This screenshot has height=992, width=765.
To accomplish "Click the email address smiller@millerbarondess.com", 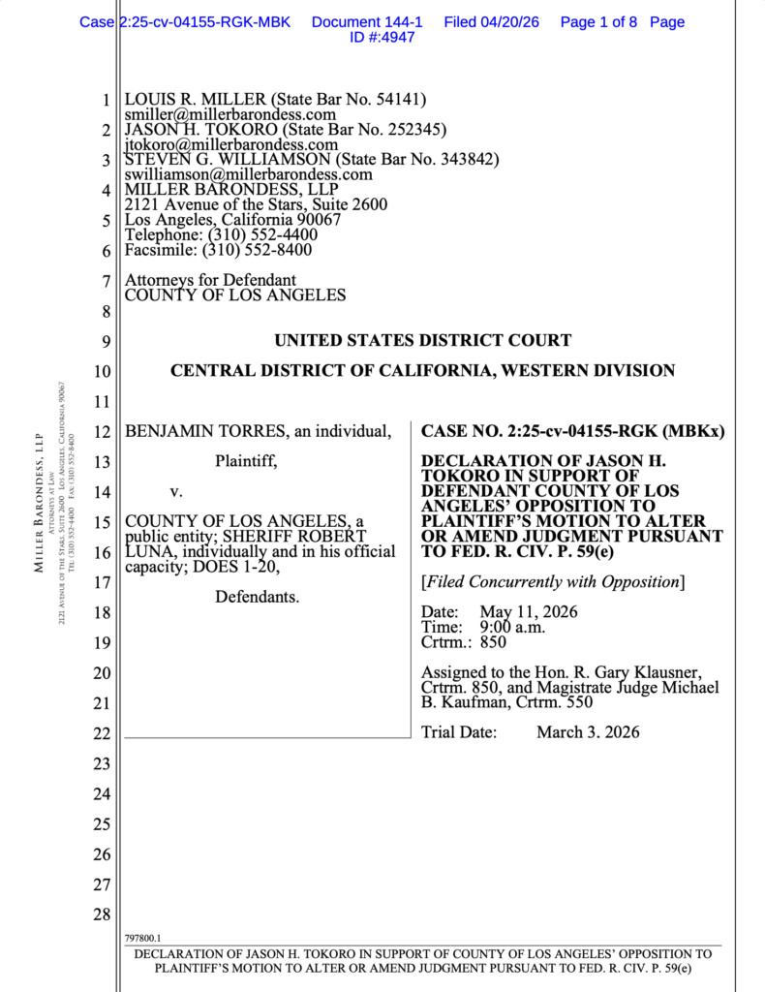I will (x=230, y=114).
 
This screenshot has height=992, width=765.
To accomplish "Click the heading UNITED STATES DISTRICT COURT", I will (x=422, y=340).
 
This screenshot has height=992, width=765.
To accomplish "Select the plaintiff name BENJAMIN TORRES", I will (x=205, y=430).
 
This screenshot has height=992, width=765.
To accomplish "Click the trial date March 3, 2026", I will (x=588, y=732).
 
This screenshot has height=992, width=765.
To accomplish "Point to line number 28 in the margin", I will (x=102, y=914).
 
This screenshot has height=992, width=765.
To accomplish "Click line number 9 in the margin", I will (x=107, y=341).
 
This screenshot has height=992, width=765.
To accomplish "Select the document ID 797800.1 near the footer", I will (x=143, y=939).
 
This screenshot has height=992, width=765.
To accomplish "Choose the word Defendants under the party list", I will (x=257, y=596).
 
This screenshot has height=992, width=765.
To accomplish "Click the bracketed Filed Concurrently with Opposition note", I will (x=553, y=581).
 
